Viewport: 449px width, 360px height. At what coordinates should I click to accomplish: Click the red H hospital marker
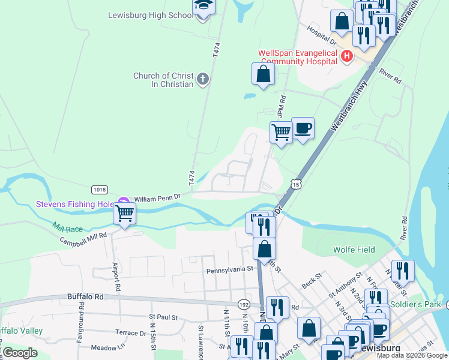(x=346, y=57)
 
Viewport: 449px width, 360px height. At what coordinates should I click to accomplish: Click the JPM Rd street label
(x=281, y=106)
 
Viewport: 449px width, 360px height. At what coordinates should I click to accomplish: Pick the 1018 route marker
(x=100, y=190)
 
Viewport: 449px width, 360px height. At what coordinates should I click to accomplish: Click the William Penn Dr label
(x=157, y=197)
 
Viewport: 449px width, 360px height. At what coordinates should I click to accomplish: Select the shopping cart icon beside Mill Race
(x=125, y=214)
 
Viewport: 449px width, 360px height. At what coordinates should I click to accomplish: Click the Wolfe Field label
(x=354, y=250)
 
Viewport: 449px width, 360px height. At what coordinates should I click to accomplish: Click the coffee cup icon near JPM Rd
(x=303, y=128)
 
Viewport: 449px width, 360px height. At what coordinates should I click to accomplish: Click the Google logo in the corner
(x=20, y=353)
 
